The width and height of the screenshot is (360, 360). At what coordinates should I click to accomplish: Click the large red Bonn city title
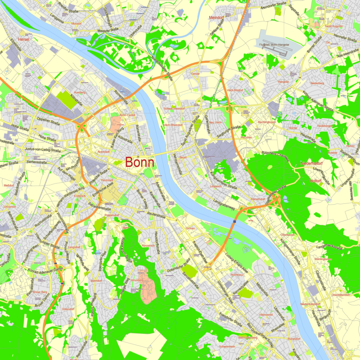tap(139, 162)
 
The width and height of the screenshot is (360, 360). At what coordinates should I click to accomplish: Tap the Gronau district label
tap(190, 229)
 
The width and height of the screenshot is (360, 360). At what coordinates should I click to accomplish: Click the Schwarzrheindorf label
tap(174, 109)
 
